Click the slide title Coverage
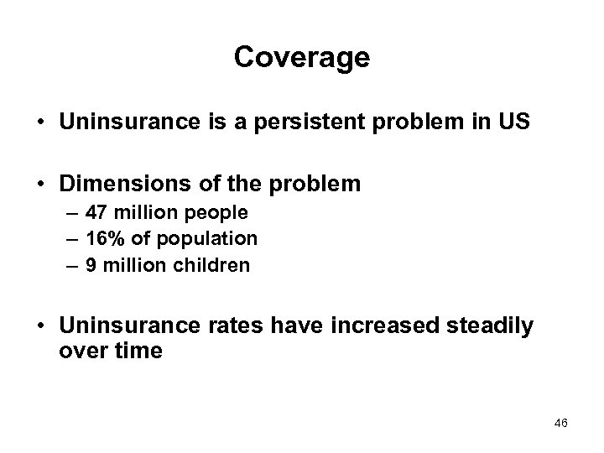point(301,57)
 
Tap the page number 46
point(561,424)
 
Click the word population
point(211,239)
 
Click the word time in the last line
point(137,350)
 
